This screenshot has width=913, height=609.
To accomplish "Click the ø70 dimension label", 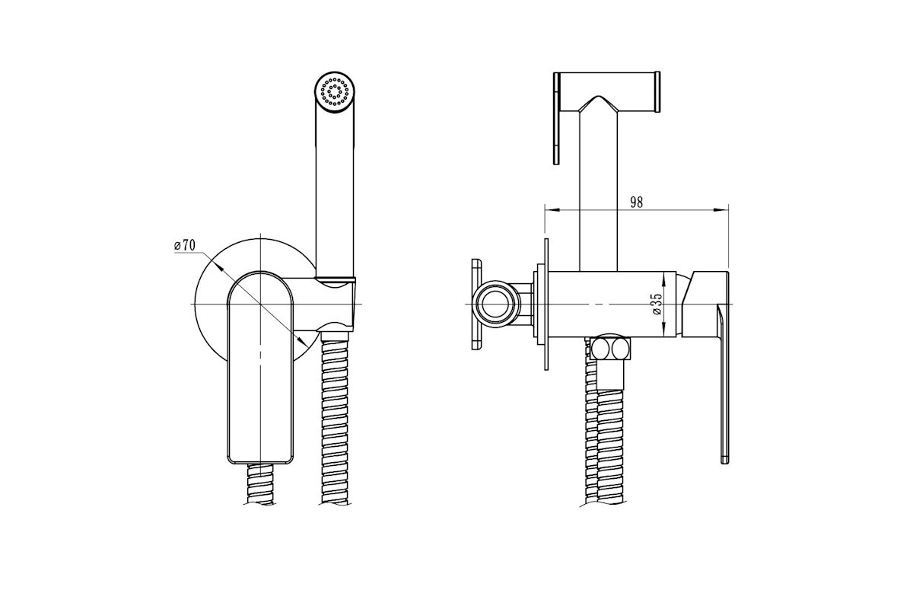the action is tap(185, 245).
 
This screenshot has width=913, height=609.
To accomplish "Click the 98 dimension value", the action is tap(636, 202).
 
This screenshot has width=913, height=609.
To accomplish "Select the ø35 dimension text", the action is tap(657, 304).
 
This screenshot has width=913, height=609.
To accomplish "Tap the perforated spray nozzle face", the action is tap(336, 92).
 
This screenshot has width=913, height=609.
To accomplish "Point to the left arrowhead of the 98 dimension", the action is tap(552, 210).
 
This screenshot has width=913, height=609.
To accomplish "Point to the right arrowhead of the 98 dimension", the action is tap(722, 210).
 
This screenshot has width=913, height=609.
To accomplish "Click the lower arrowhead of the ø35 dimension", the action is tap(664, 330).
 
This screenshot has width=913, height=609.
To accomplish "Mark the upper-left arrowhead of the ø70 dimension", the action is tap(218, 265).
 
